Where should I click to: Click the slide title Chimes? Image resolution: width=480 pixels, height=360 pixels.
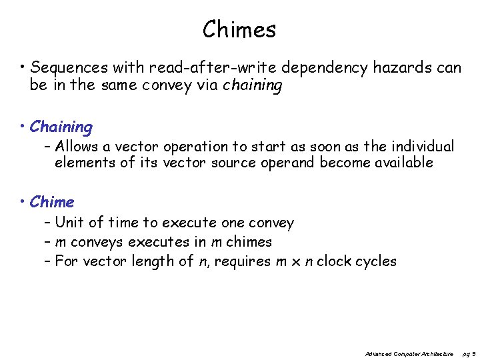click(x=239, y=29)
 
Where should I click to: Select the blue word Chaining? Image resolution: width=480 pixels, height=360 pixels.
click(x=61, y=127)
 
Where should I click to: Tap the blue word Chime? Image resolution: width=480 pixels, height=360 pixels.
click(x=52, y=202)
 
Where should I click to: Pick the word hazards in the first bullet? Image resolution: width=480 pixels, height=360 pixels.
click(x=398, y=68)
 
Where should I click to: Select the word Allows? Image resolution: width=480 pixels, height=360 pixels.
click(x=77, y=146)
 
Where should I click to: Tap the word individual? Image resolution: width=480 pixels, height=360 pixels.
click(x=419, y=146)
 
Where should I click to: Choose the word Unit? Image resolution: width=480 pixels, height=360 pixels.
click(x=69, y=223)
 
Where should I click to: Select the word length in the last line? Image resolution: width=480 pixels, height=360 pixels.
click(x=154, y=261)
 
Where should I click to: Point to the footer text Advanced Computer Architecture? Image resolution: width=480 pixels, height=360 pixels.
click(x=410, y=353)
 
